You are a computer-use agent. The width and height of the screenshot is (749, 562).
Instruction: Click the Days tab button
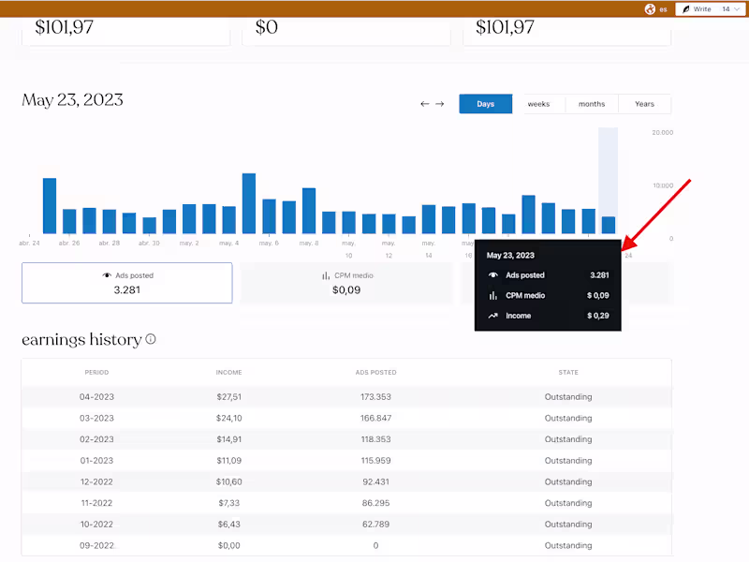tap(485, 104)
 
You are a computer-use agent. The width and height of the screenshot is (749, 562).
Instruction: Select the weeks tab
tap(538, 104)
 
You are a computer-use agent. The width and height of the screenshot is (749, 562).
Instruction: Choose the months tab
tap(592, 104)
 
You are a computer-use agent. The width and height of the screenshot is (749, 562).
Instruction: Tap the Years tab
tap(644, 104)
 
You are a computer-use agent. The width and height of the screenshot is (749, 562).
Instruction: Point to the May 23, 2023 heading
tap(73, 100)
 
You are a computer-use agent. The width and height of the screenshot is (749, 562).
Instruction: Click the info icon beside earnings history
tap(151, 340)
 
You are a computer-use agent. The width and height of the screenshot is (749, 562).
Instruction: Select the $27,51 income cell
tap(229, 396)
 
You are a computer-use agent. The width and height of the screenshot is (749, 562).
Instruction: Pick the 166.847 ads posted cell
tap(375, 418)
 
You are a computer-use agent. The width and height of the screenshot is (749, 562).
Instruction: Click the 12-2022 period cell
tap(97, 481)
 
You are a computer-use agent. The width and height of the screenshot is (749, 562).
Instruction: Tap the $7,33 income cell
tap(229, 503)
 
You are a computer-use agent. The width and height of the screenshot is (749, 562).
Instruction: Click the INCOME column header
tap(229, 373)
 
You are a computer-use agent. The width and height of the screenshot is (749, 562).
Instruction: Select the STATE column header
tap(568, 373)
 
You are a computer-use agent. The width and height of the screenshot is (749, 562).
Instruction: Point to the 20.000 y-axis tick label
tap(661, 133)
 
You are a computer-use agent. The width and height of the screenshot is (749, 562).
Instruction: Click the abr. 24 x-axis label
tap(30, 244)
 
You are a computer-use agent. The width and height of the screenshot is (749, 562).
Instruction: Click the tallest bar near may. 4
tap(249, 203)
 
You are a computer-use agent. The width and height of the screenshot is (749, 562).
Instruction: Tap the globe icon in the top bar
tap(650, 9)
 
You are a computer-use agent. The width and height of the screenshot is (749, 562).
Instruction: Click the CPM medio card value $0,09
tap(346, 290)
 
